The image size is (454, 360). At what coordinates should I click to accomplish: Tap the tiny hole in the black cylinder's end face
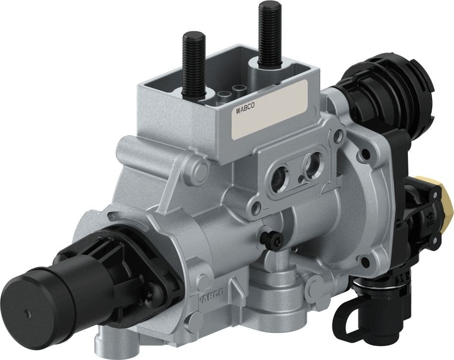(x=26, y=312)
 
